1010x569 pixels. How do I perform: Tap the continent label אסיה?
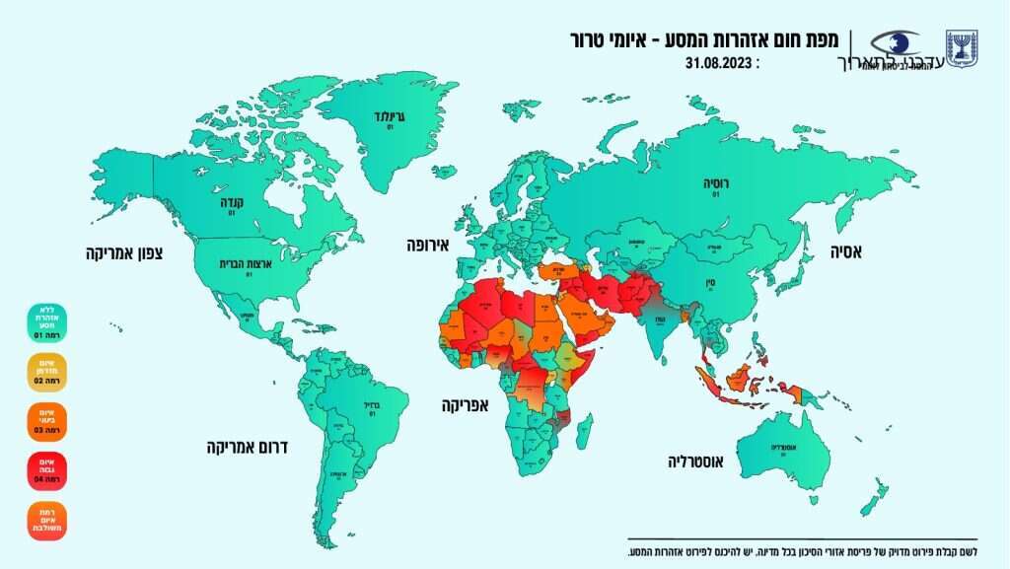843,253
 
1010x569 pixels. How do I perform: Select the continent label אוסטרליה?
700,461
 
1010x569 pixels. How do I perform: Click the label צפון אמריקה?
124,254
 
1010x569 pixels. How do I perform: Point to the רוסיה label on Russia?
715,184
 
